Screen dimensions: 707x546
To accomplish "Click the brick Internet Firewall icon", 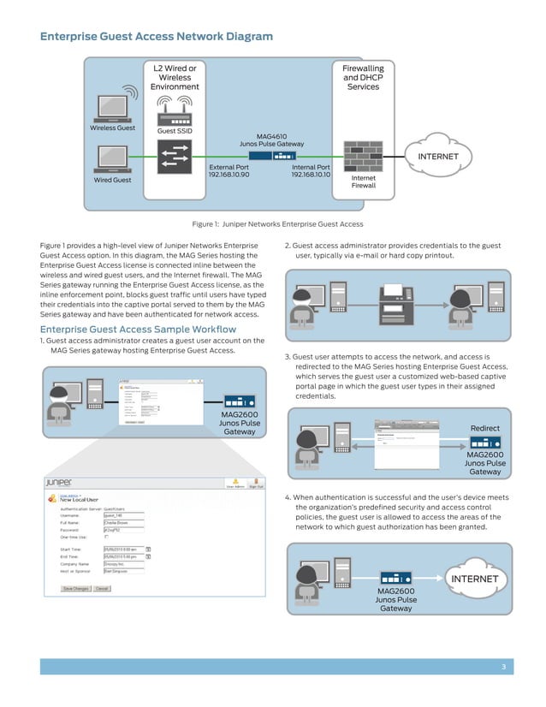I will pyautogui.click(x=363, y=157).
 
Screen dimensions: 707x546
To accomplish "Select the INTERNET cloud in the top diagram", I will pyautogui.click(x=438, y=157).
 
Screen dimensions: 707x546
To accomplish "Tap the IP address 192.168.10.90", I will pyautogui.click(x=228, y=175).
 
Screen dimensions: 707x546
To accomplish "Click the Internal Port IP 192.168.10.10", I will pyautogui.click(x=311, y=175).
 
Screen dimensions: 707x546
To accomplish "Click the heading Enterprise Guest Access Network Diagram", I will pyautogui.click(x=157, y=37).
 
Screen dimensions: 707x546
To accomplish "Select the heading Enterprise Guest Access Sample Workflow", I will pyautogui.click(x=138, y=330).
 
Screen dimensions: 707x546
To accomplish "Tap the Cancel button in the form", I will pyautogui.click(x=104, y=590).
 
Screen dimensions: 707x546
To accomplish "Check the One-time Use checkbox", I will pyautogui.click(x=106, y=537).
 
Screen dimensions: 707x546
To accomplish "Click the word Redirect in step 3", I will pyautogui.click(x=484, y=429).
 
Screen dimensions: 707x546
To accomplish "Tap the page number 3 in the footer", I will pyautogui.click(x=504, y=667).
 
